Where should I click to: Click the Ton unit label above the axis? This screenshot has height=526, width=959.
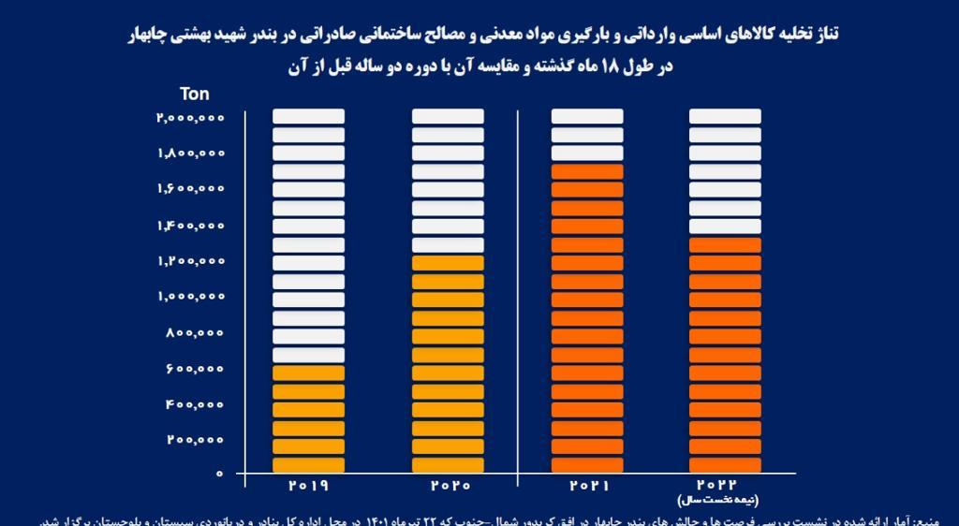(195, 94)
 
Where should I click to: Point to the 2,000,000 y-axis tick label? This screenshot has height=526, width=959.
(191, 117)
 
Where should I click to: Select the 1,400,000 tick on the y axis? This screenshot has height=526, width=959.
(191, 225)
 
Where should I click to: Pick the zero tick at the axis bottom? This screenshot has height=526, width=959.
(219, 475)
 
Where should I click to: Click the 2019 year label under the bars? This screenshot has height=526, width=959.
(308, 487)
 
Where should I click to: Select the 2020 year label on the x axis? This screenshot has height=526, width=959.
(448, 487)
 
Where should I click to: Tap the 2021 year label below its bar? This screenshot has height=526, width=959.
(587, 487)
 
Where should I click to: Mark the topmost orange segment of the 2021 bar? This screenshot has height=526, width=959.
(587, 171)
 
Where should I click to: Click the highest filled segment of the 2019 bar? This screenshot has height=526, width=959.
(308, 373)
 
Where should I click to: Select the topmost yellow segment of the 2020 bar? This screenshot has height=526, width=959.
(448, 263)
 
